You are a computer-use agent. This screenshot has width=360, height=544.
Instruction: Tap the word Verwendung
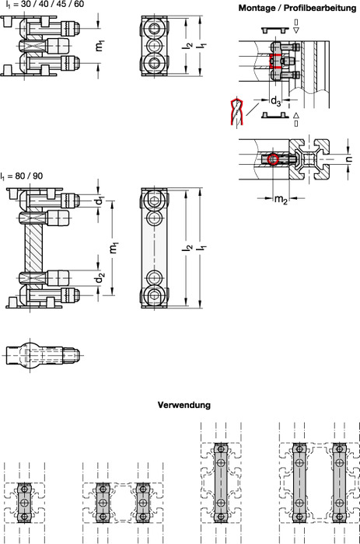pos(184,405)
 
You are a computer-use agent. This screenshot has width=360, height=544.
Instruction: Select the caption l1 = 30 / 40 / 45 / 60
pos(44,5)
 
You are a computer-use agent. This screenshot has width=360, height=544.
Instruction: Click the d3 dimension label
pos(276,100)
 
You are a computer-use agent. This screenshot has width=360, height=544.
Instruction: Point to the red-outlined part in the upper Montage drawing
pos(275,61)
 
